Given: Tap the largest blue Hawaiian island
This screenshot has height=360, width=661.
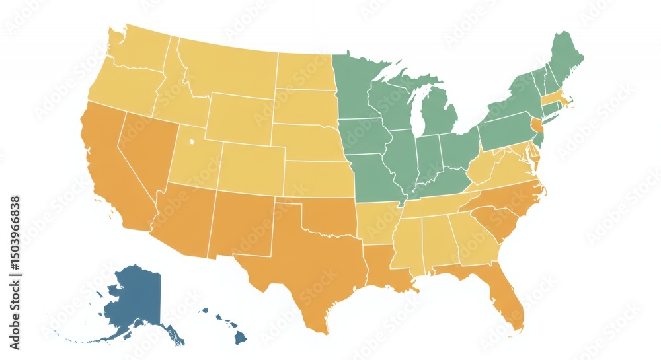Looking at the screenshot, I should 241,338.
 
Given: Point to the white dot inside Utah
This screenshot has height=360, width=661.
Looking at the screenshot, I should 192,141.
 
